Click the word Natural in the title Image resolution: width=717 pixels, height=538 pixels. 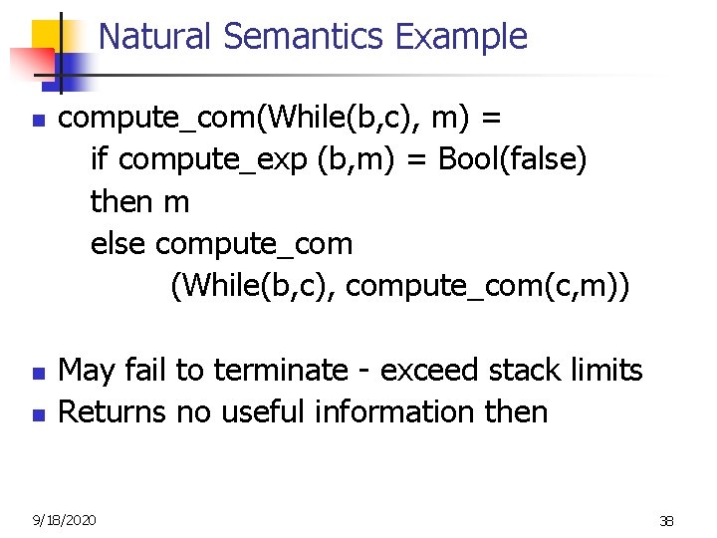(156, 37)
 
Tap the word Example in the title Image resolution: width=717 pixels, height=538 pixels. (461, 37)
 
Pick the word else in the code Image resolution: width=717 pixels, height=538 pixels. (119, 243)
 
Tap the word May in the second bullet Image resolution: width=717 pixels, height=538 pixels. (86, 371)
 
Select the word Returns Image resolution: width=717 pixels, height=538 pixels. (113, 411)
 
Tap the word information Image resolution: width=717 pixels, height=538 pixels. (401, 411)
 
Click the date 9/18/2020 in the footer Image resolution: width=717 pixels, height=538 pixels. (65, 519)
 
